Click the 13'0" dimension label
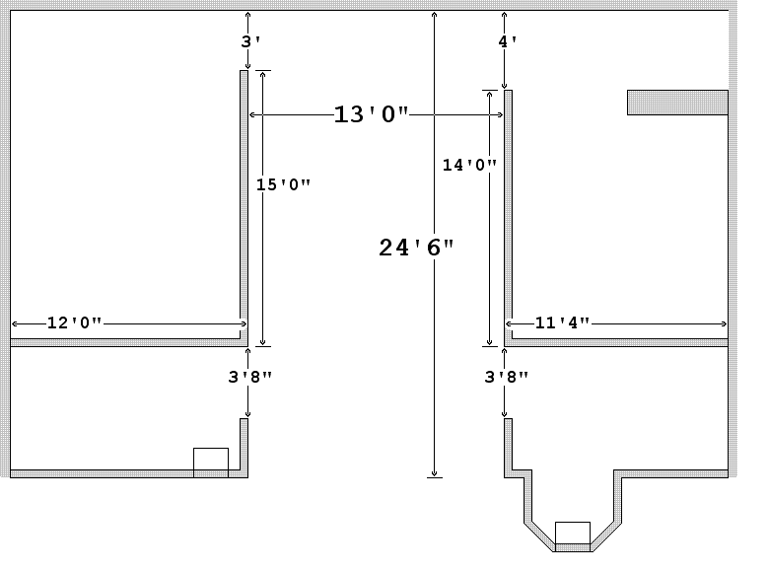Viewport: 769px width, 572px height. coord(371,115)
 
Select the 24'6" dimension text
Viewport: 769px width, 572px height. coord(416,248)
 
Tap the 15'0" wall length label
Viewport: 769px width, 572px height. coord(283,184)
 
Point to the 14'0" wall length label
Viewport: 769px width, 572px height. coord(468,166)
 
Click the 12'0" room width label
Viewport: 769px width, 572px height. coord(74,323)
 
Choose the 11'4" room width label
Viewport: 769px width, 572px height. coord(562,323)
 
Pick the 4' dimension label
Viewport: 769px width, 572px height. coord(507,42)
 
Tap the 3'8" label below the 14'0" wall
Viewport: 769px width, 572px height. coord(506,376)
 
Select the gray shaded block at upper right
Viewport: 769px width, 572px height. coord(677,103)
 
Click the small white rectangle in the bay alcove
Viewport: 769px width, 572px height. coord(573,533)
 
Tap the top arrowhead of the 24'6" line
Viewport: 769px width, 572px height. coord(434,15)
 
